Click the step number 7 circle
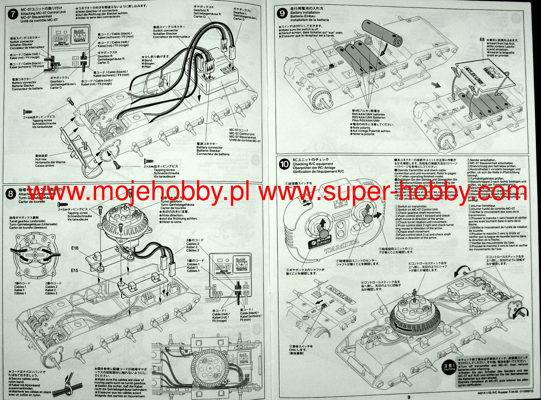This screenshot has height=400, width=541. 13,14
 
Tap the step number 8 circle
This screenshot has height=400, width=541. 11,194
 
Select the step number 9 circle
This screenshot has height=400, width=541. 282,13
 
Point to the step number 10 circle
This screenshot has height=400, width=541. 284,164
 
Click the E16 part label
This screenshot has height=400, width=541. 75,248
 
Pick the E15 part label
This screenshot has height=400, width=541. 74,270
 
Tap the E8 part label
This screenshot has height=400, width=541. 482,40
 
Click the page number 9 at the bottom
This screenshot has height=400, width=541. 409,397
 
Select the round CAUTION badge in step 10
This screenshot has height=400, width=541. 449,367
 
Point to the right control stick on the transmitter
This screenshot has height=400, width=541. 368,217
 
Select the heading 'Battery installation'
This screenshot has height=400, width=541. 305,12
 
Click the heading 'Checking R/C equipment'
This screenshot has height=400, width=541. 313,164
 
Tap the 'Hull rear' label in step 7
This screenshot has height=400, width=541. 41,159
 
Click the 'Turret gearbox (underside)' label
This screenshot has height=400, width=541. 27,221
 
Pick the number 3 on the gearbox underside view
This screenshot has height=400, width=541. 33,237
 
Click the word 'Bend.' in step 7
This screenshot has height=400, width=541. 148,60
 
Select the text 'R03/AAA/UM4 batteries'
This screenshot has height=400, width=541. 368,114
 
